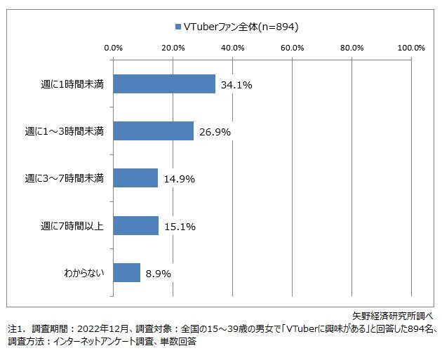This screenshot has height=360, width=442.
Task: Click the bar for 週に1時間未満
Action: coord(164,84)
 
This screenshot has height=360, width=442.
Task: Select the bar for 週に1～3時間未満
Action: coord(153,131)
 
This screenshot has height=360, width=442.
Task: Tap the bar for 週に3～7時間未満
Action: coord(135,178)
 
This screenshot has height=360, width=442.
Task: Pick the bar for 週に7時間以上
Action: coord(135,226)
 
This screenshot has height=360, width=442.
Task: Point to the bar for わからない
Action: coord(126,273)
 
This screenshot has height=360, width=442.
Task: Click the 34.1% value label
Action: coord(236,85)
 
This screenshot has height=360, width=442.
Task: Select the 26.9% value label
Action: coord(215,132)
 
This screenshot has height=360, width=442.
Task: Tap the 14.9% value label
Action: coord(179,179)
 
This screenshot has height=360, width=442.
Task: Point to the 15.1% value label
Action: coord(180,227)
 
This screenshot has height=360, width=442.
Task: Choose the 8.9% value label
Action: coord(158,274)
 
